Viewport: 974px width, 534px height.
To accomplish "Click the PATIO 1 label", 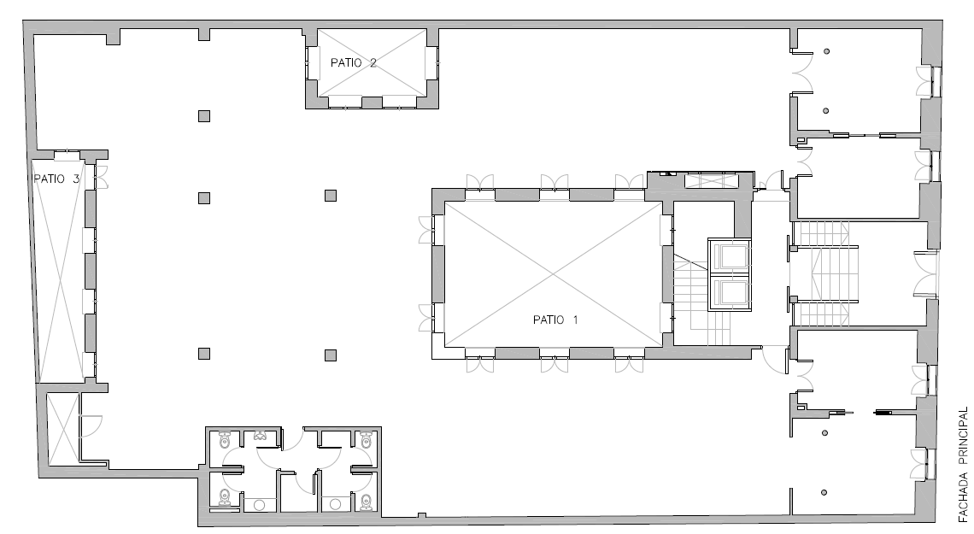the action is click(x=555, y=320).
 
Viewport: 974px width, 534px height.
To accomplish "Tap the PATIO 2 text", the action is click(x=354, y=62).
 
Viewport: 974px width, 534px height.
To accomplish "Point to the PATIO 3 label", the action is click(x=56, y=179).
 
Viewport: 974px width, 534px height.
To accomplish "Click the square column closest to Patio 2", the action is click(x=203, y=116).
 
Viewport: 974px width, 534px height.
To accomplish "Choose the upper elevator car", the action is click(x=730, y=255).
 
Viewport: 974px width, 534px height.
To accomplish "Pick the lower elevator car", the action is click(x=730, y=293).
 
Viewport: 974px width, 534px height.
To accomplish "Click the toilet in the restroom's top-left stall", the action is click(x=225, y=440).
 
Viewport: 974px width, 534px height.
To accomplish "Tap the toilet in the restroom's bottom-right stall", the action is click(x=367, y=501).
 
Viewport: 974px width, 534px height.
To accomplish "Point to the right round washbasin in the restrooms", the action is click(x=336, y=504).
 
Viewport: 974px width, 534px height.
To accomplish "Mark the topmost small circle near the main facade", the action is click(x=827, y=51).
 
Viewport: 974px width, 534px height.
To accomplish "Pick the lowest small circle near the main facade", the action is click(x=824, y=492).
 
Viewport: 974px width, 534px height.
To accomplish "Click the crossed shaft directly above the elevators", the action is click(x=711, y=180).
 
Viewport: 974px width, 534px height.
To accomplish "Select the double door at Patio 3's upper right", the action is click(x=102, y=177).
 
